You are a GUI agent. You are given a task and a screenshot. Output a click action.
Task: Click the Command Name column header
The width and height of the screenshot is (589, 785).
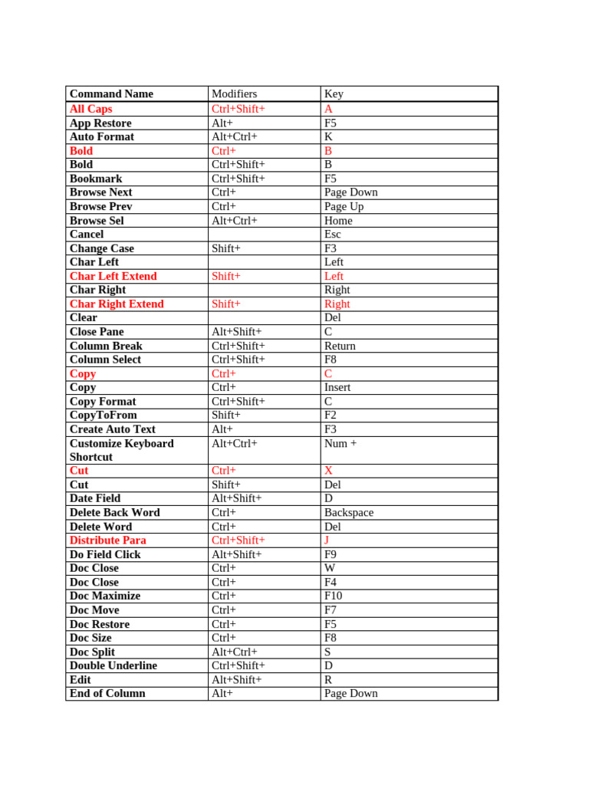click(x=111, y=94)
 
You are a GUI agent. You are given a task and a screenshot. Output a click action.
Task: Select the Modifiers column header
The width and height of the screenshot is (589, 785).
click(x=234, y=94)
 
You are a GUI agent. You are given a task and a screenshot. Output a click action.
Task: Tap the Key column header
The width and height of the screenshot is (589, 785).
click(x=334, y=94)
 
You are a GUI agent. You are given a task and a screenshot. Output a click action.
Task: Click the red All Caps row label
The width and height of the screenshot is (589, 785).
click(x=90, y=109)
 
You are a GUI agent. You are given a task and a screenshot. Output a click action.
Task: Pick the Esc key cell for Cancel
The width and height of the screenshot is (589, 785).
click(x=333, y=234)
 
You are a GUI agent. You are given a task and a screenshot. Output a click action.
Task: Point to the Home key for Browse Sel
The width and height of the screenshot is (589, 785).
click(x=338, y=220)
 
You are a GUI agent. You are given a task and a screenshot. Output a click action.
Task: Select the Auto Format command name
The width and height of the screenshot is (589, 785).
click(x=101, y=136)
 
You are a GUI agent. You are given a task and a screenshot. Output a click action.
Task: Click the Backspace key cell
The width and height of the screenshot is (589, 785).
click(x=349, y=512)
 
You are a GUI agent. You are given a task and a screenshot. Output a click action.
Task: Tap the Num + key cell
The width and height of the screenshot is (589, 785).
click(x=341, y=443)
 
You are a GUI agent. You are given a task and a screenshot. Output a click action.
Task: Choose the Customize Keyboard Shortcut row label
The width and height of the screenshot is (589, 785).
click(x=121, y=450)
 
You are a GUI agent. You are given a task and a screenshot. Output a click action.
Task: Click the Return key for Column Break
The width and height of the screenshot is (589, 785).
click(x=340, y=346)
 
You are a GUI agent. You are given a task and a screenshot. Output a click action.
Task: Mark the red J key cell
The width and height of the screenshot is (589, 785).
click(x=327, y=540)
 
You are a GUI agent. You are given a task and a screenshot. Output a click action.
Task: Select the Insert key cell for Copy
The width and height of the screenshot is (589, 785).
click(x=337, y=387)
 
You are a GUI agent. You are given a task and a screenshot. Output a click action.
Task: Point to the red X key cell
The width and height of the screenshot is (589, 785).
click(x=328, y=470)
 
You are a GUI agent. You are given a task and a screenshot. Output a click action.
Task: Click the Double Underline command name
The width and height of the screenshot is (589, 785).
click(x=113, y=665)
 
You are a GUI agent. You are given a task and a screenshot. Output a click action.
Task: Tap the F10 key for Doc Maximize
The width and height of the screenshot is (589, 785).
click(x=333, y=596)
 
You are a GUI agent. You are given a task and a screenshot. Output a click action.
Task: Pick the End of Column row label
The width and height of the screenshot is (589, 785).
click(x=107, y=693)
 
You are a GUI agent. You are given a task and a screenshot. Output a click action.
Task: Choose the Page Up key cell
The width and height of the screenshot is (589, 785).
click(x=344, y=206)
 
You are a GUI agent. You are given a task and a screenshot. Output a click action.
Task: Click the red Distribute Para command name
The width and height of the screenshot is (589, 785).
click(x=107, y=540)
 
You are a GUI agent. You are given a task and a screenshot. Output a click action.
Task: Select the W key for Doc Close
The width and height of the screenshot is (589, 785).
click(x=329, y=568)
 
